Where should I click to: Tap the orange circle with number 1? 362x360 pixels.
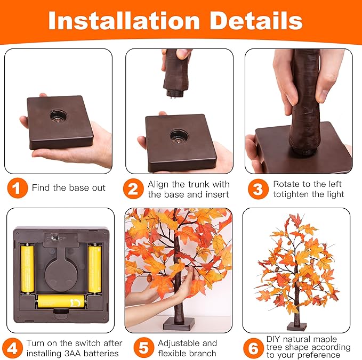18,188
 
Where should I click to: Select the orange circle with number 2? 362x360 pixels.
133,188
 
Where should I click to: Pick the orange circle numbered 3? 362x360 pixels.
258,188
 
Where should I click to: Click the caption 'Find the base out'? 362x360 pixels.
68,188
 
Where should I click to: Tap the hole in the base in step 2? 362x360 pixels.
178,135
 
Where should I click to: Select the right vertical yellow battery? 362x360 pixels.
94,268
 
